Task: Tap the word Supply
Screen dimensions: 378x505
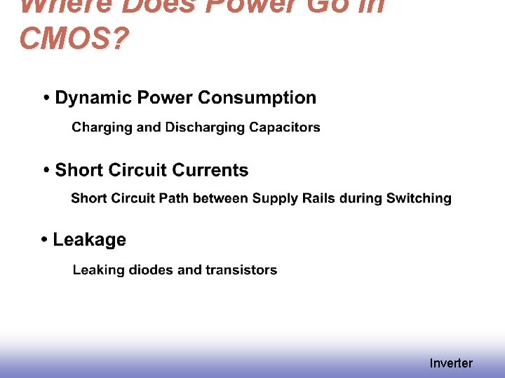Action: (275, 199)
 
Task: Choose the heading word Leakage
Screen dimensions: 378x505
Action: (90, 240)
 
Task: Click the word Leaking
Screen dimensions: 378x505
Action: (99, 270)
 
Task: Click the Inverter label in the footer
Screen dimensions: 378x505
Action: (451, 363)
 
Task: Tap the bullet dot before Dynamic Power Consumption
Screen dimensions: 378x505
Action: (46, 99)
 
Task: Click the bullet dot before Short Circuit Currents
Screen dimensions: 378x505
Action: (46, 171)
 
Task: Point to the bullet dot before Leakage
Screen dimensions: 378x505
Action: (44, 241)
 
